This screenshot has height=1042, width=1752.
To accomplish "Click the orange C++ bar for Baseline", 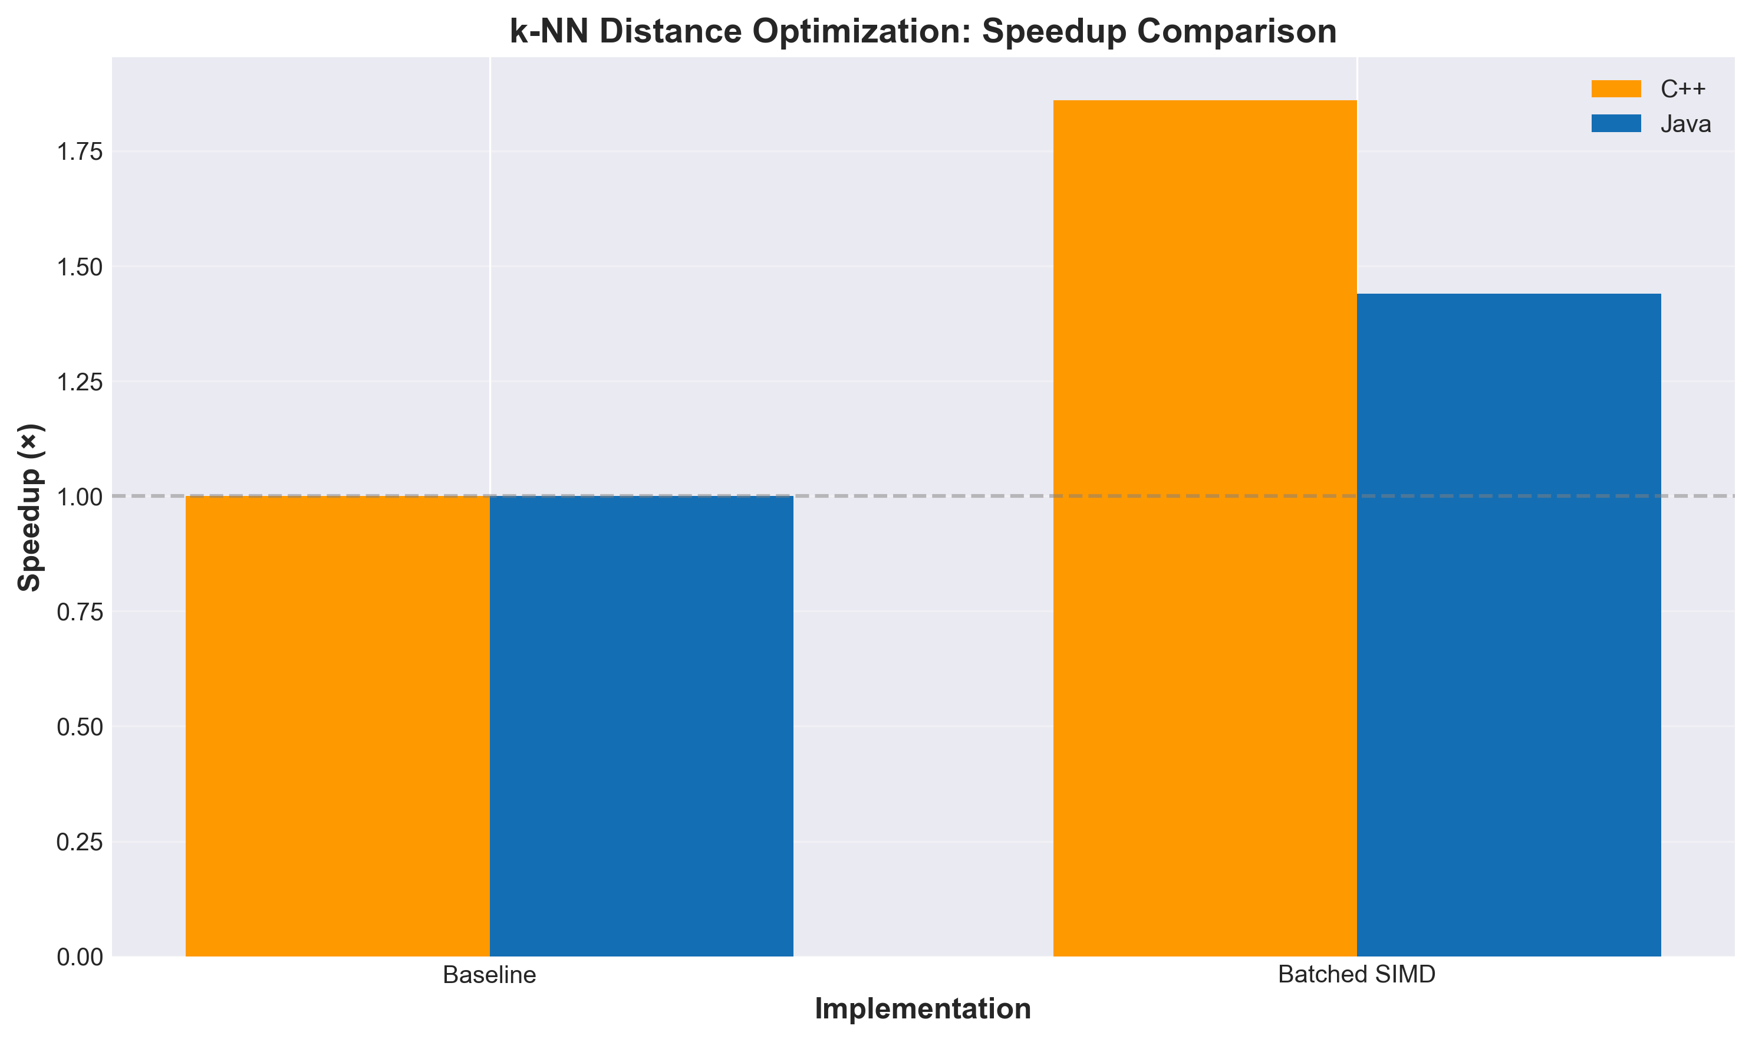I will pos(337,726).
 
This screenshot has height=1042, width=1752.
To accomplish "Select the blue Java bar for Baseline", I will pos(641,726).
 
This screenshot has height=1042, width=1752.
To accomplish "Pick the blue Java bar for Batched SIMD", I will pos(1509,625).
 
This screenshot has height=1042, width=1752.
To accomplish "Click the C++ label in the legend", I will pos(1682,89).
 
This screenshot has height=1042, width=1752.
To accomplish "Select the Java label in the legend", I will pos(1685,124).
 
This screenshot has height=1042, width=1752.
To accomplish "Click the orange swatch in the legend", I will pos(1616,89).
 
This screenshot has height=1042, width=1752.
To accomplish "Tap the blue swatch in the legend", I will pos(1616,124).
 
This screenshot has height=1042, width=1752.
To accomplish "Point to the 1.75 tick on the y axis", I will pos(80,152).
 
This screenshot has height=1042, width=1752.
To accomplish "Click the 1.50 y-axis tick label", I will pos(80,267).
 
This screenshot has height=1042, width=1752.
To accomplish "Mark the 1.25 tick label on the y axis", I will pos(80,382).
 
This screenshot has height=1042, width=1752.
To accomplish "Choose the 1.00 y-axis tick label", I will pos(80,497).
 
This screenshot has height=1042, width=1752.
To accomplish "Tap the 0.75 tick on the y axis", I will pos(80,612).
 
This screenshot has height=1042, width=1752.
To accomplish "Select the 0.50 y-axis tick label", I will pos(80,727).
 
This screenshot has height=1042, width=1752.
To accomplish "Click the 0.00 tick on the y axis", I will pos(80,957).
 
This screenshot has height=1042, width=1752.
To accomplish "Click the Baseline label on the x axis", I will pos(489,975).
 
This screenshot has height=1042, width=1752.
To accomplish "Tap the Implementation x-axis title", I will pos(923,1009).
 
